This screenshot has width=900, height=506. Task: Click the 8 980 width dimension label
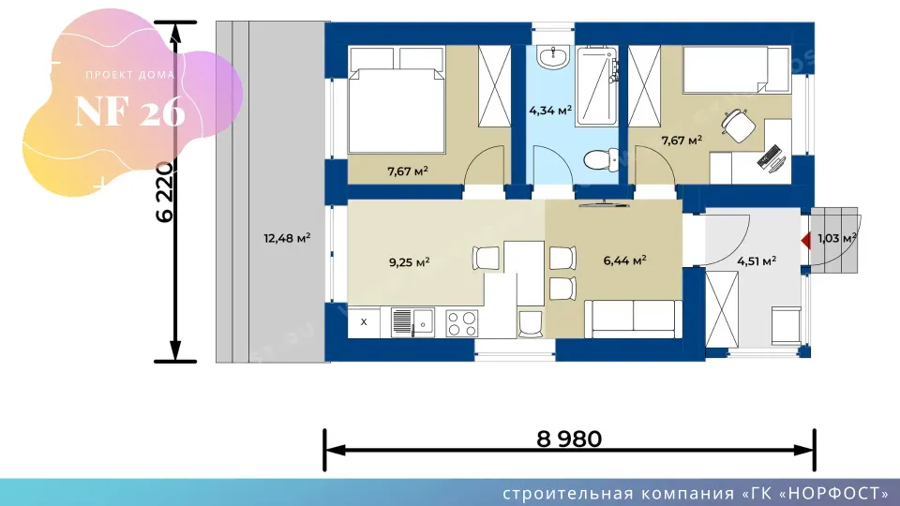pyautogui.click(x=569, y=439)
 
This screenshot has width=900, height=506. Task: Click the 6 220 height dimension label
pyautogui.click(x=165, y=192)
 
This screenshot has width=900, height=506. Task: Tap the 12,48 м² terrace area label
pyautogui.click(x=287, y=237)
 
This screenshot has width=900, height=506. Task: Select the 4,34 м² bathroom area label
pyautogui.click(x=550, y=111)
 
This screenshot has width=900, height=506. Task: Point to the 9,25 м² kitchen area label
pyautogui.click(x=410, y=262)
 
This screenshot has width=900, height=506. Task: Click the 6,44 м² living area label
pyautogui.click(x=624, y=260)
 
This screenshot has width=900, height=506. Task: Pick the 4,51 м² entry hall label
pyautogui.click(x=757, y=261)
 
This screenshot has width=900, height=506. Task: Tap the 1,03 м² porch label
pyautogui.click(x=837, y=237)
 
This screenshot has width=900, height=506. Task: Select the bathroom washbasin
pyautogui.click(x=553, y=57)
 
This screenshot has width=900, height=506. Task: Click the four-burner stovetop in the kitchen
pyautogui.click(x=462, y=323)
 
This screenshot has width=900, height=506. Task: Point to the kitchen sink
pyautogui.click(x=412, y=322)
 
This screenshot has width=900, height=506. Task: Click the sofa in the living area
pyautogui.click(x=633, y=319)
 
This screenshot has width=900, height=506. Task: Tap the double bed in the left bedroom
pyautogui.click(x=397, y=101)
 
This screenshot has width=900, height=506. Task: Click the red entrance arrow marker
pyautogui.click(x=806, y=241)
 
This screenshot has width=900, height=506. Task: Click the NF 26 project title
pyautogui.click(x=130, y=112)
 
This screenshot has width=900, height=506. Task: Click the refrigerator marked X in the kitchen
pyautogui.click(x=364, y=322)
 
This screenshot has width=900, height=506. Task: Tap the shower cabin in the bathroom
pyautogui.click(x=597, y=86)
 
